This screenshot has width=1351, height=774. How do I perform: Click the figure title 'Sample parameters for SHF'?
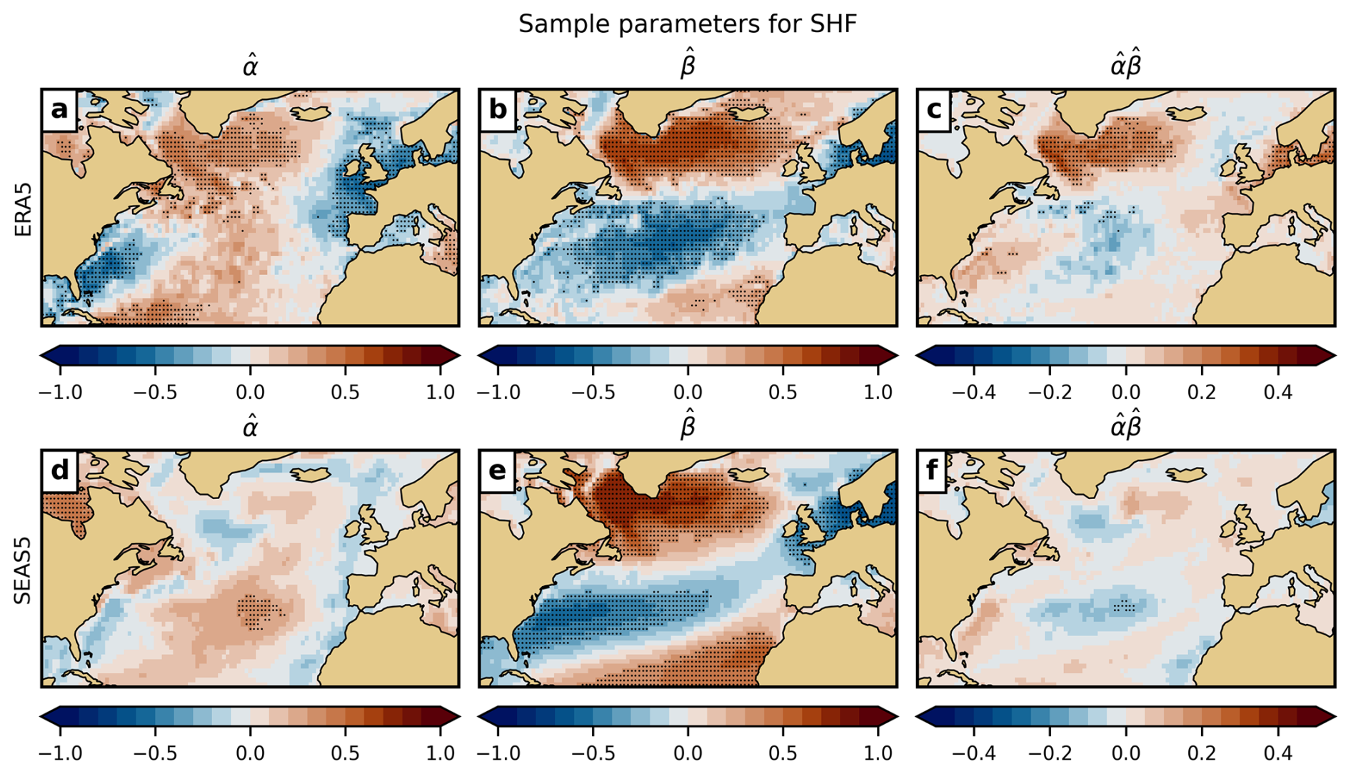coord(687,24)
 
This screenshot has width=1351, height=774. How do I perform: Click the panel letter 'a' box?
coord(59,110)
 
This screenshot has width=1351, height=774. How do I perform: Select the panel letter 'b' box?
coord(497,110)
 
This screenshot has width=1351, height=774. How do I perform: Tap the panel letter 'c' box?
coord(935,110)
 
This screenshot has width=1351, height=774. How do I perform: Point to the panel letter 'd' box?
coord(59,471)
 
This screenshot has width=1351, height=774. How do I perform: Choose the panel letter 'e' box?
coord(497,471)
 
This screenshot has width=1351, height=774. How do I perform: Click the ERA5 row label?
coord(24,208)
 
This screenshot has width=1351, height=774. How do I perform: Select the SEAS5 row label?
coord(24,568)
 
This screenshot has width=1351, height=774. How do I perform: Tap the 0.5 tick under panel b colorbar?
coord(783,392)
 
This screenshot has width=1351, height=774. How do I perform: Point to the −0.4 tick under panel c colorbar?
coord(974,392)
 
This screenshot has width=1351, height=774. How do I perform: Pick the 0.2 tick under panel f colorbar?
coord(1202,753)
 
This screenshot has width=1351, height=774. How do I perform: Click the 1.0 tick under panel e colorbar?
coord(878,753)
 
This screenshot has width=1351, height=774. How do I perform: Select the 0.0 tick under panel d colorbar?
coord(250,753)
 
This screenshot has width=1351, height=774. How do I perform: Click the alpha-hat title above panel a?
coord(250,66)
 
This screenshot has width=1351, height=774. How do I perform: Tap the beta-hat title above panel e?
coord(688,426)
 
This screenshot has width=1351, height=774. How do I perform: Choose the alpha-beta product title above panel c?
coord(1126,65)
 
